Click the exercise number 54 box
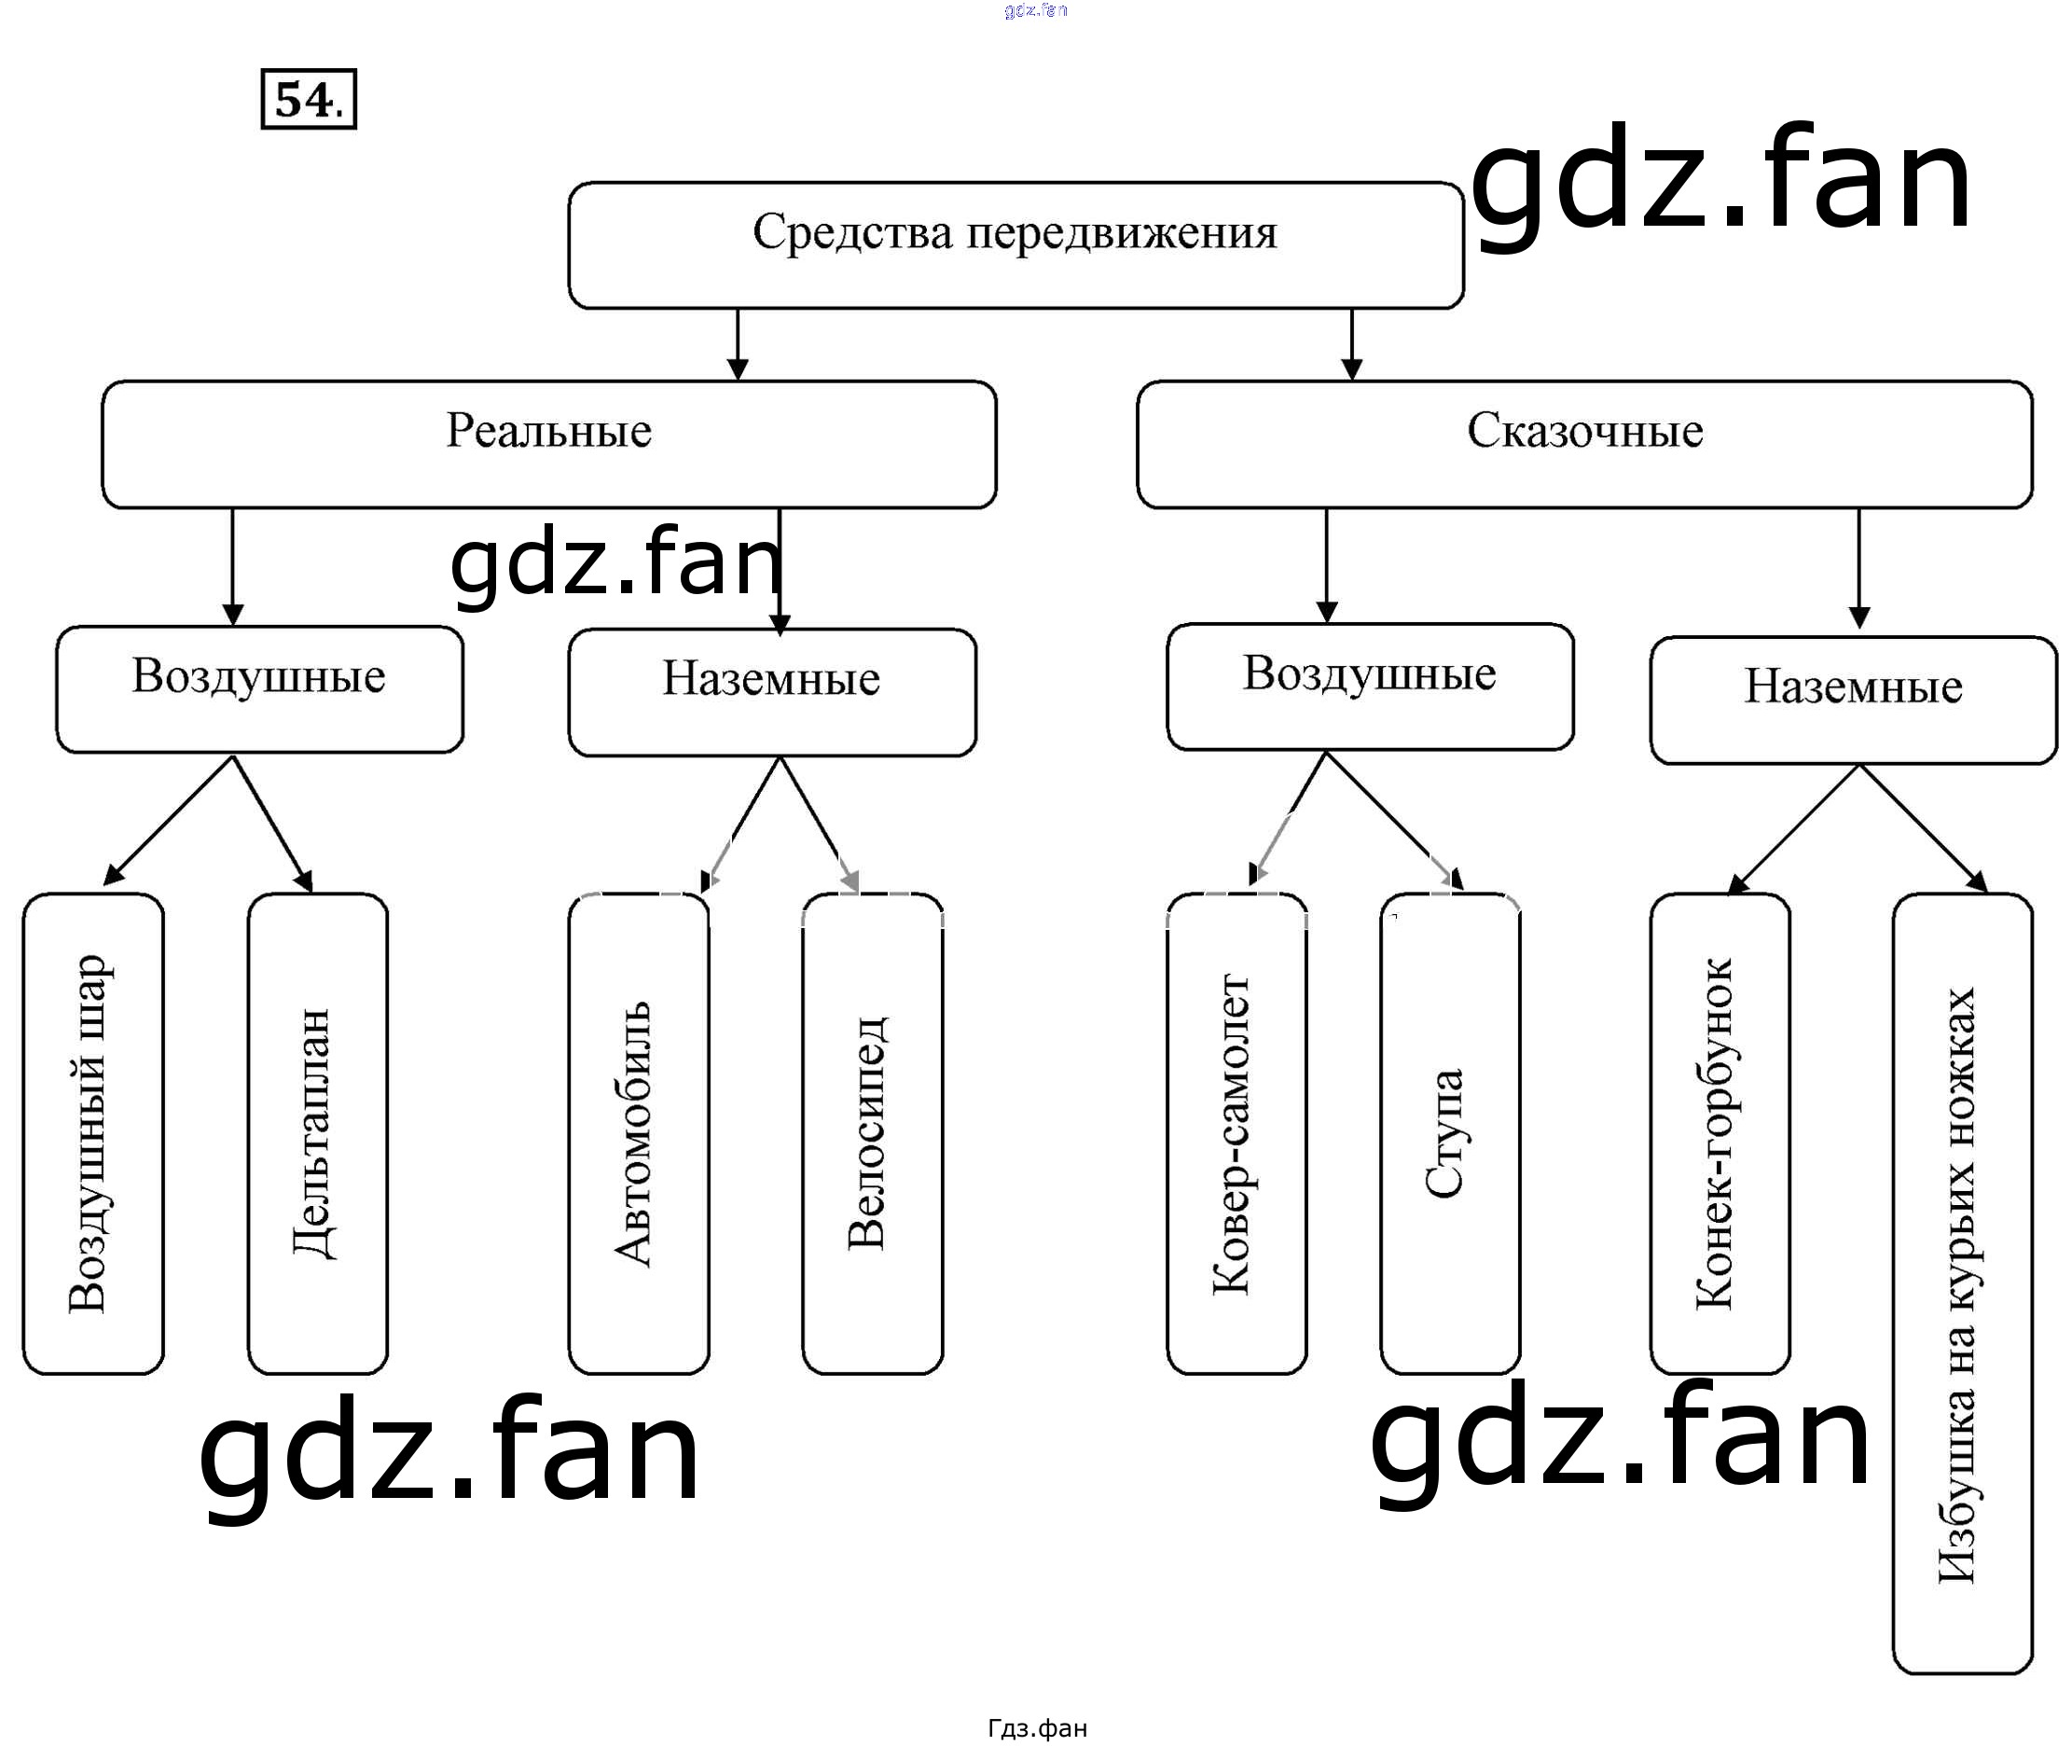point(308,99)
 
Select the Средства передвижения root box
point(1015,244)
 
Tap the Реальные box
point(549,443)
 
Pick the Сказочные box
point(1584,443)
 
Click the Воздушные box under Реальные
point(259,689)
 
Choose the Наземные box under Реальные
point(772,692)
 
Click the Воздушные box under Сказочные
point(1370,686)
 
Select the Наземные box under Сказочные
point(1852,699)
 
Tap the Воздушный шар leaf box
point(93,1133)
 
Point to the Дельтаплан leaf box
point(317,1133)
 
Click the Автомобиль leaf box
point(638,1133)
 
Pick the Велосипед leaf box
point(872,1133)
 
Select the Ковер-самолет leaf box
point(1236,1133)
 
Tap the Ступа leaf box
point(1450,1133)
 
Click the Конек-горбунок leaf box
point(1719,1133)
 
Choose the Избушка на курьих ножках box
point(1961,1287)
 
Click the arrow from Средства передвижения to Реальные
point(738,343)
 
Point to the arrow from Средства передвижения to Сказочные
point(1351,343)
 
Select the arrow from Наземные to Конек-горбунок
point(1794,828)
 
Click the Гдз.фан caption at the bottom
point(1036,1728)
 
